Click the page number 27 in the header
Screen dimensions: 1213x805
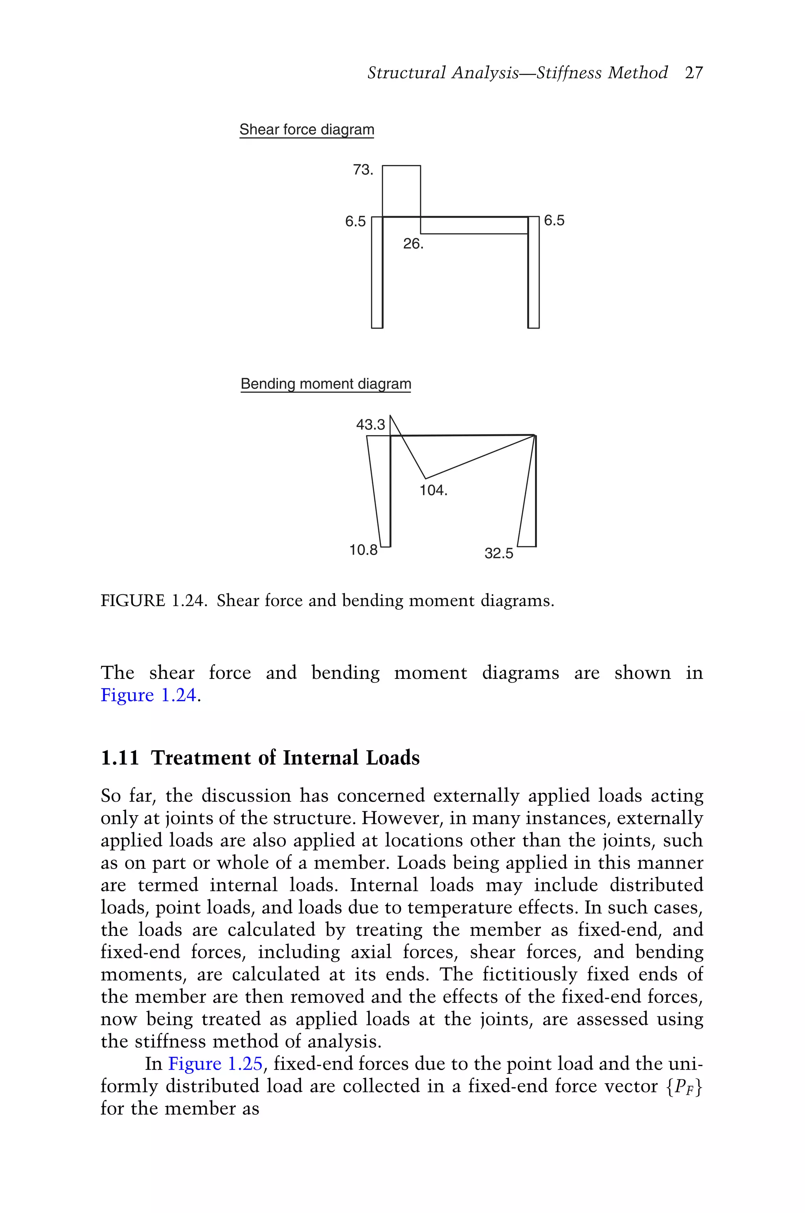pos(694,73)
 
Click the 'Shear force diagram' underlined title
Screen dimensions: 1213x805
pos(307,129)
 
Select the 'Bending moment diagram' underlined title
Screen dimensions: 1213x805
pos(325,384)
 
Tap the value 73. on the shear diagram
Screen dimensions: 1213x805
pos(362,170)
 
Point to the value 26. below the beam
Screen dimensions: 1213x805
pos(413,244)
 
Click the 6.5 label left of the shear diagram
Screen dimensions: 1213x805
pos(355,222)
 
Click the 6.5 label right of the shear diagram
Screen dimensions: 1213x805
pos(554,221)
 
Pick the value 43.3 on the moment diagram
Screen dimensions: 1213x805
pos(370,425)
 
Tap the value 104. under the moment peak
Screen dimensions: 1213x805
pos(433,491)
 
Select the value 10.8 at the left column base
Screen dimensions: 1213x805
pos(363,550)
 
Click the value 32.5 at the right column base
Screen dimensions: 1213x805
pos(498,553)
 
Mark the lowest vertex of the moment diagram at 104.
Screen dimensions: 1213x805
pos(426,478)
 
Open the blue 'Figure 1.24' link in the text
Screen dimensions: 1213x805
pos(148,695)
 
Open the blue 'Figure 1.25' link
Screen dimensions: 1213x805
pos(215,1064)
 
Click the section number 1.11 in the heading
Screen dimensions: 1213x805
pos(119,758)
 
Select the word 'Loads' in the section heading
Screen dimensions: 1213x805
pos(392,758)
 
